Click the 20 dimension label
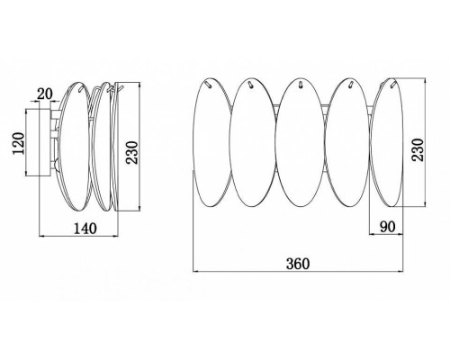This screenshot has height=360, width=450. [44, 94]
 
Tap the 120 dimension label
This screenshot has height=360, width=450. [19, 143]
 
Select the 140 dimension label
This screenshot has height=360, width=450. [85, 229]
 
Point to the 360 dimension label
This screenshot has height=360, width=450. [298, 264]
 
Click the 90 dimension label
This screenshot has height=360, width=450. [388, 227]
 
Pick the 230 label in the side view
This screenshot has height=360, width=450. [131, 152]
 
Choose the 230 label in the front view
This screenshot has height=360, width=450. [418, 150]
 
